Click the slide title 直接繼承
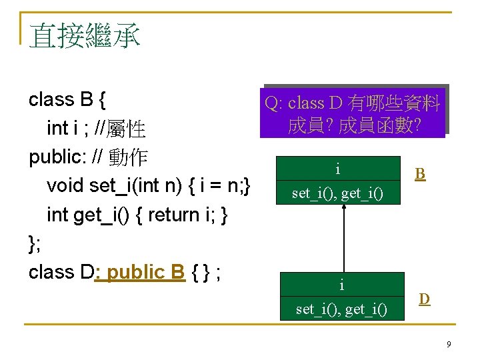[85, 35]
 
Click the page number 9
[449, 344]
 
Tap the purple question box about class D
[353, 114]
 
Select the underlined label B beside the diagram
[420, 174]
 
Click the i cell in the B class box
[338, 170]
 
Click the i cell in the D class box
[341, 285]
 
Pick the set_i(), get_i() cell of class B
[338, 193]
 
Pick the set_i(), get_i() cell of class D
[341, 309]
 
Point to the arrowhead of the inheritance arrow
[343, 208]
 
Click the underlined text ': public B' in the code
[140, 272]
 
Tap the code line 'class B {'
[67, 99]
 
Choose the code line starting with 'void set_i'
[148, 185]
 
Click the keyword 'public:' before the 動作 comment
[55, 157]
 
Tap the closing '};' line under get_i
[35, 243]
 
